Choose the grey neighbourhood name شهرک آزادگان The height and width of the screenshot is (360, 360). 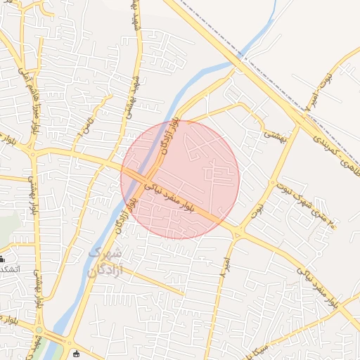pyautogui.click(x=105, y=262)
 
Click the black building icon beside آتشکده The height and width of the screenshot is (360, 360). pyautogui.click(x=2, y=259)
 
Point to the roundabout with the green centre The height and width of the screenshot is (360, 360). pyautogui.click(x=39, y=329)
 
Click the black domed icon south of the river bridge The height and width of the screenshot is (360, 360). pyautogui.click(x=76, y=354)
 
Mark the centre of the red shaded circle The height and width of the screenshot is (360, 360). pyautogui.click(x=180, y=179)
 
